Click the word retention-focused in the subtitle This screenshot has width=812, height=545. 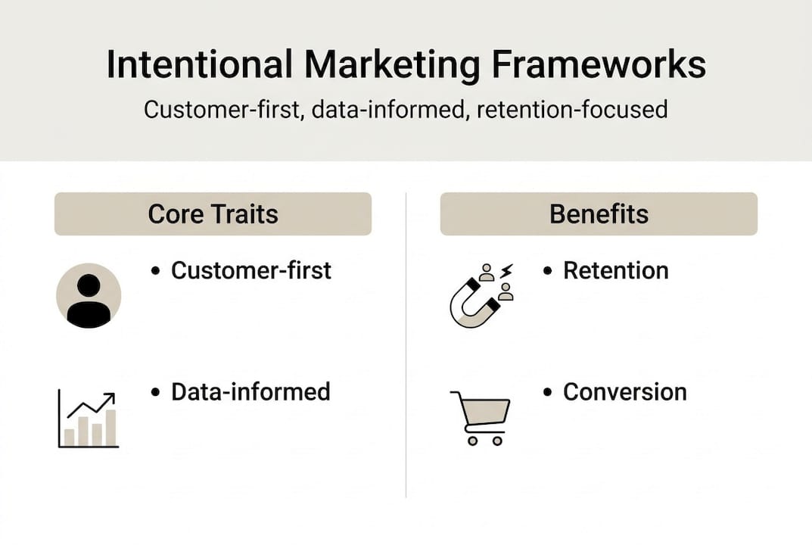573,110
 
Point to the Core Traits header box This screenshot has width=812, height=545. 213,213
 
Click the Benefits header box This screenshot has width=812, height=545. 599,213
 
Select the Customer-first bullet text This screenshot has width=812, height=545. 251,270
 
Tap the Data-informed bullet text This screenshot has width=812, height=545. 250,391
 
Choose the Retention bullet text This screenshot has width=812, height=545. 615,270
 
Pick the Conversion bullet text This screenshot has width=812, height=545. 625,391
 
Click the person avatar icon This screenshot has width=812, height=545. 89,295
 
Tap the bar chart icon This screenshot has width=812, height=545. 89,420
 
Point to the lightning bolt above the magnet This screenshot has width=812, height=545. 506,270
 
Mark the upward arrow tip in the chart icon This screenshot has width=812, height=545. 111,396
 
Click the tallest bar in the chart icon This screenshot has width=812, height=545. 110,428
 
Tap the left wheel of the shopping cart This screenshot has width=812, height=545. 472,441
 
